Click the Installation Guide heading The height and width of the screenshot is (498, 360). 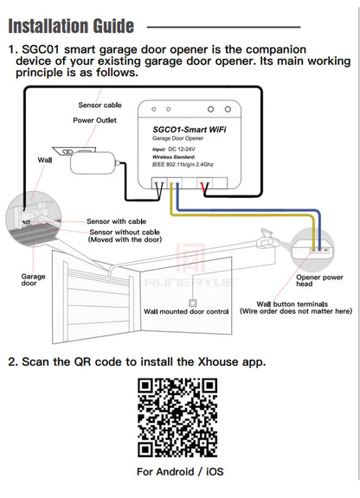[71, 25]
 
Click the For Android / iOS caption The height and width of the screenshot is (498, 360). [180, 472]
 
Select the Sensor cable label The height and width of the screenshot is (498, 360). [100, 104]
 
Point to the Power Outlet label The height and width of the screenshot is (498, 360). [95, 120]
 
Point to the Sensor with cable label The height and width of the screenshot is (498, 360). [114, 221]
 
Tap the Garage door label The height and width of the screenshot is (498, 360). [33, 280]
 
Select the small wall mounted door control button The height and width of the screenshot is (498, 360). [191, 300]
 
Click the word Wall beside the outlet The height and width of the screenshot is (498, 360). [44, 160]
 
